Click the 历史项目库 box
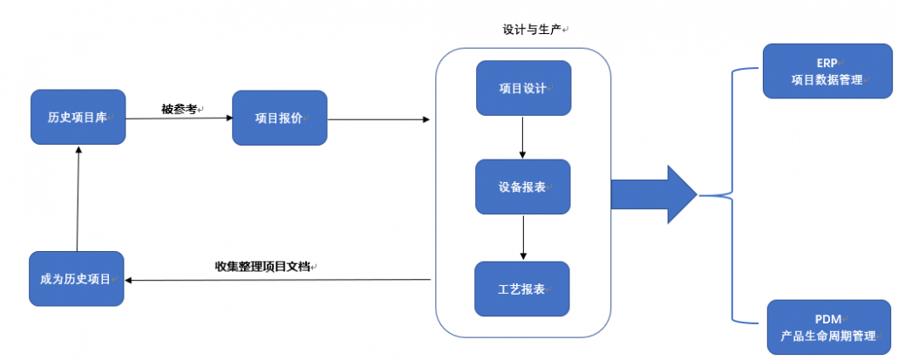[78, 117]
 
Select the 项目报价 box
[280, 118]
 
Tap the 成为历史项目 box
[77, 279]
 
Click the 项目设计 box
[523, 88]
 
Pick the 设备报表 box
[523, 187]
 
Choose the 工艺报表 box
[522, 289]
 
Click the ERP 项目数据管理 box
[827, 71]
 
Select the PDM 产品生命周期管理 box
[829, 327]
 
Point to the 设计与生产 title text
[532, 30]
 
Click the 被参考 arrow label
[179, 109]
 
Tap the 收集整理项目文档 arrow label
[262, 267]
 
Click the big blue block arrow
[654, 194]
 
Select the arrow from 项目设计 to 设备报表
[522, 138]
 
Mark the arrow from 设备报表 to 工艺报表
[522, 237]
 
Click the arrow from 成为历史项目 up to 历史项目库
[78, 198]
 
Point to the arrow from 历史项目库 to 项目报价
[179, 119]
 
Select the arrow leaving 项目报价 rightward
[378, 119]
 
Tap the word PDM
[828, 319]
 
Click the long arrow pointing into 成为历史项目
[278, 280]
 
